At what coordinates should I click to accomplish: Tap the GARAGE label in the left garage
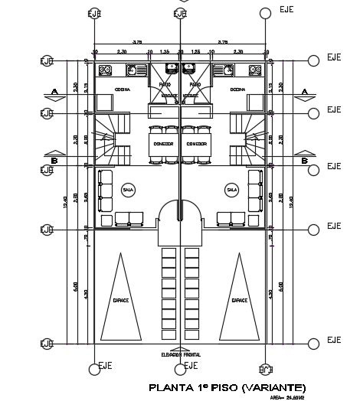(121, 301)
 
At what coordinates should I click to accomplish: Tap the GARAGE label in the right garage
(240, 301)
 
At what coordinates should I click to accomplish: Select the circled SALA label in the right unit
(231, 188)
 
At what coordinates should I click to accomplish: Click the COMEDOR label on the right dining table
(197, 144)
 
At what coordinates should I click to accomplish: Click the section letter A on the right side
(305, 91)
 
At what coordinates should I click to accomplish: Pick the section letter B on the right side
(305, 161)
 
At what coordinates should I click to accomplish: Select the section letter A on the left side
(54, 91)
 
